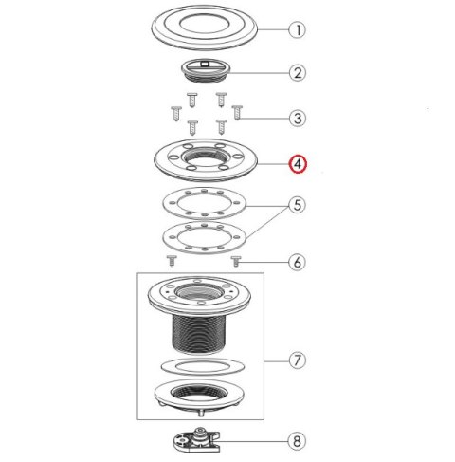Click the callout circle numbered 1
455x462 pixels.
pos(298,30)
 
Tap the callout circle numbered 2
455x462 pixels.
pos(298,73)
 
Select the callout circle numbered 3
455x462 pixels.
pos(298,119)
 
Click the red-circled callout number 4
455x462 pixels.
pos(298,164)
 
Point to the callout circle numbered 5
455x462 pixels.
pos(298,205)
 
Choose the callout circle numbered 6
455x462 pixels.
pos(298,262)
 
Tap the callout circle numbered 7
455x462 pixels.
pos(298,360)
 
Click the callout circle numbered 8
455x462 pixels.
pos(297,441)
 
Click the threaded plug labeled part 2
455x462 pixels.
pos(207,70)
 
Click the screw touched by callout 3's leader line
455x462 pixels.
pos(237,113)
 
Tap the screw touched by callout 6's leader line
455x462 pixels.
pos(236,261)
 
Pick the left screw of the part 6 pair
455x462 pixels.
pos(172,261)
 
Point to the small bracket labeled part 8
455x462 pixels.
pos(196,440)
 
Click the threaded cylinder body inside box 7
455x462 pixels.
pos(199,335)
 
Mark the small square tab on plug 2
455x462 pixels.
pos(205,64)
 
